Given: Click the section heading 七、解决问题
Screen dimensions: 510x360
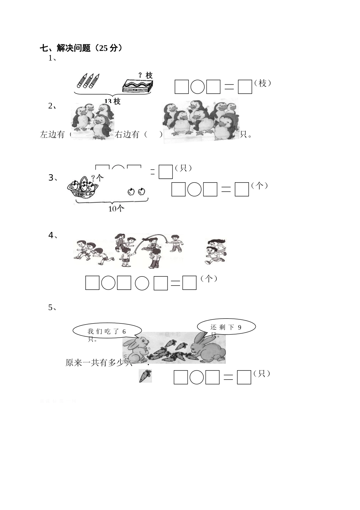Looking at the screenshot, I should click(81, 48).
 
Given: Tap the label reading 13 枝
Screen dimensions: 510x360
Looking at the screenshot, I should click(112, 101).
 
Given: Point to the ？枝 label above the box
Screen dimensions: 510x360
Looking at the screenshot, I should click(145, 75).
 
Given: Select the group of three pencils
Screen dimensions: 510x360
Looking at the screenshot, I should click(88, 80).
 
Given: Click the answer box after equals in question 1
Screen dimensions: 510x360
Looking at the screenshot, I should click(245, 87).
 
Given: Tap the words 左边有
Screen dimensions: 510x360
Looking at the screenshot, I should click(52, 135).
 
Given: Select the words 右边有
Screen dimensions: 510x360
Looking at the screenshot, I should click(127, 135).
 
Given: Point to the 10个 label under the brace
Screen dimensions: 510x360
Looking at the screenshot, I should click(116, 208).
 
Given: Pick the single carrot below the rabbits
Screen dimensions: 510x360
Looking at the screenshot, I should click(145, 375).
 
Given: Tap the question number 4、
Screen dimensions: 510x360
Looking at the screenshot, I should click(53, 236).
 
